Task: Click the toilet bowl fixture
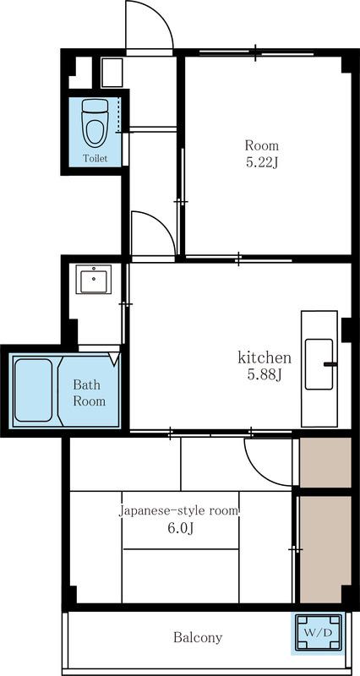tap(94, 122)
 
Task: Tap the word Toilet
tap(94, 158)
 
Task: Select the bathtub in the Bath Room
tap(33, 390)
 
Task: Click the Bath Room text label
tap(89, 392)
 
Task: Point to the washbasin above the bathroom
tap(93, 279)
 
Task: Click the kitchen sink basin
tap(319, 364)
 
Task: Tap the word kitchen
tap(264, 357)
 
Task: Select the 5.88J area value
tap(264, 375)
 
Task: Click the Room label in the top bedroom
tap(261, 144)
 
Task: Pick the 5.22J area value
tap(261, 162)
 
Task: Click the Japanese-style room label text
tap(179, 511)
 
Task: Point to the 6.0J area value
tap(180, 530)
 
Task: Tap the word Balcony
tap(198, 637)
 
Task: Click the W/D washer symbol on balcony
tap(318, 632)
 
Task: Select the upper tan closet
tap(325, 461)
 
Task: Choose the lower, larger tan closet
tap(325, 548)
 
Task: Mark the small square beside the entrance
tap(112, 72)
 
